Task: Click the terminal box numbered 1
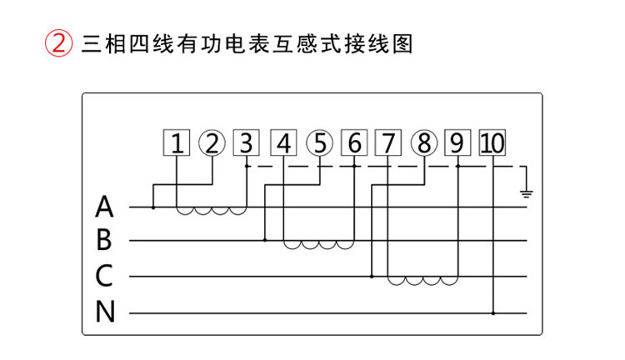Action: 177,142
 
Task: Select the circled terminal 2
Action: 212,142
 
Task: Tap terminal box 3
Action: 247,142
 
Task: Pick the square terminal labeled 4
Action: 283,142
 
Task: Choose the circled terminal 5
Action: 319,142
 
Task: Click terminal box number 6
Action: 354,142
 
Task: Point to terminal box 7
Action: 388,142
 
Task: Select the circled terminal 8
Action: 424,142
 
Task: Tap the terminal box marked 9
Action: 457,142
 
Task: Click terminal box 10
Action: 492,142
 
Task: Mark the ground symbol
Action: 526,194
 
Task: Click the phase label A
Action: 104,207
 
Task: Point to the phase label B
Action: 104,240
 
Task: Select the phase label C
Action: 104,275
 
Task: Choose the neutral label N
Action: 105,312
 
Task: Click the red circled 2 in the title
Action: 58,43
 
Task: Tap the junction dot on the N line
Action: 493,313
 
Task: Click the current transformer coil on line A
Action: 212,211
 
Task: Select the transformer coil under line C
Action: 422,281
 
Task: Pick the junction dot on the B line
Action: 265,240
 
